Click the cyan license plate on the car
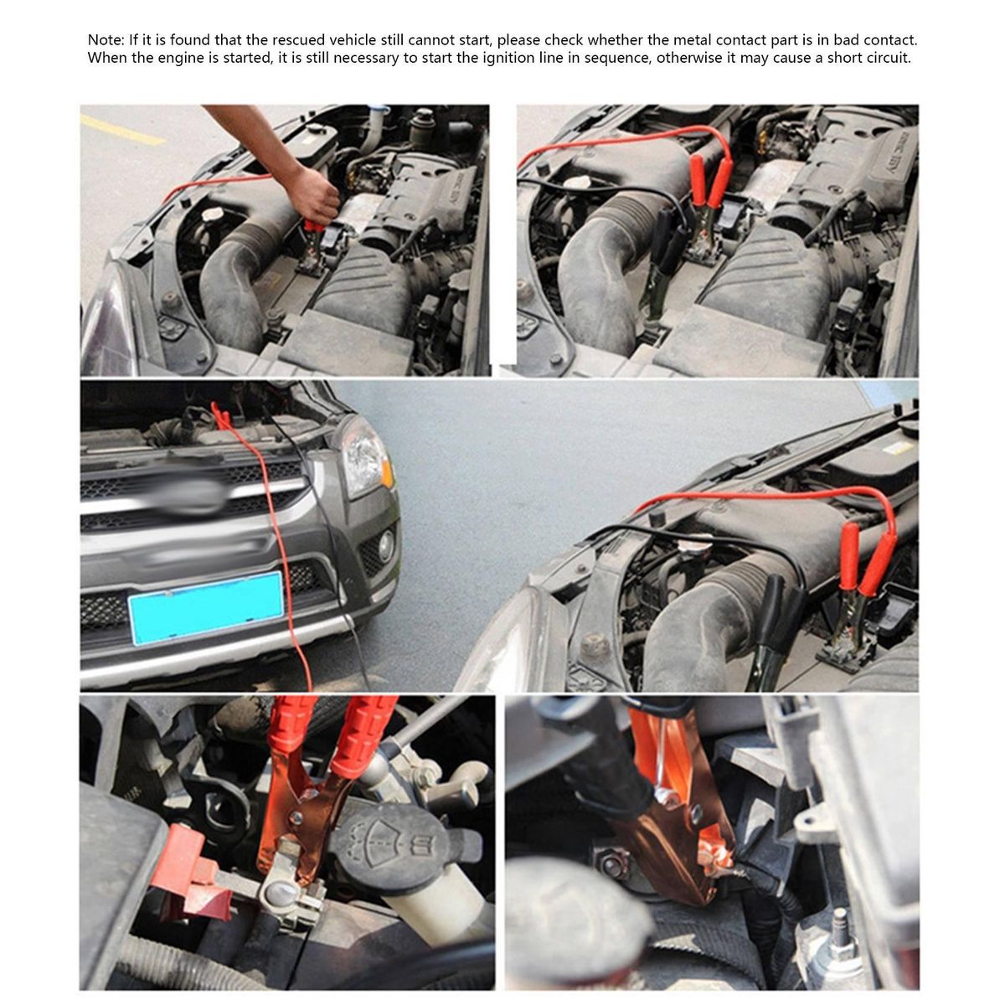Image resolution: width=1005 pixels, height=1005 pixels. (207, 608)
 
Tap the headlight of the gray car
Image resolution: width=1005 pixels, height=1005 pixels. (366, 457)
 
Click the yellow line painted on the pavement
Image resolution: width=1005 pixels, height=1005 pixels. (122, 129)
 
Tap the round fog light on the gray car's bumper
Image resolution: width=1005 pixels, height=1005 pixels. (386, 546)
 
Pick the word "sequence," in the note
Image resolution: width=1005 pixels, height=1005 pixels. (617, 59)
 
